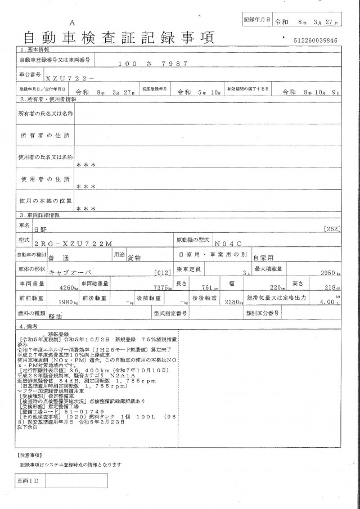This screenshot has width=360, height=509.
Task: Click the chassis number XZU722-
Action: (x=70, y=78)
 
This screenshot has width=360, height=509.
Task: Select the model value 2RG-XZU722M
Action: (x=81, y=243)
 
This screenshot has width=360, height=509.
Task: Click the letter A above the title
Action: (x=73, y=22)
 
